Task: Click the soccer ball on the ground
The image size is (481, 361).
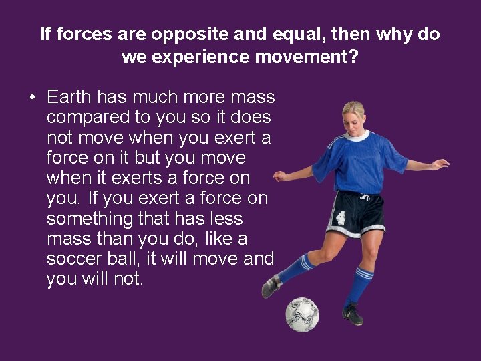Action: tap(302, 314)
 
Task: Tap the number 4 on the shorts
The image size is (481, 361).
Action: tap(341, 218)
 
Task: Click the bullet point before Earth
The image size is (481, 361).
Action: tap(32, 98)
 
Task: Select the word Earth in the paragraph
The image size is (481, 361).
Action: tap(69, 98)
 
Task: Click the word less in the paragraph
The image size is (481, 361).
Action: tap(225, 219)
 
